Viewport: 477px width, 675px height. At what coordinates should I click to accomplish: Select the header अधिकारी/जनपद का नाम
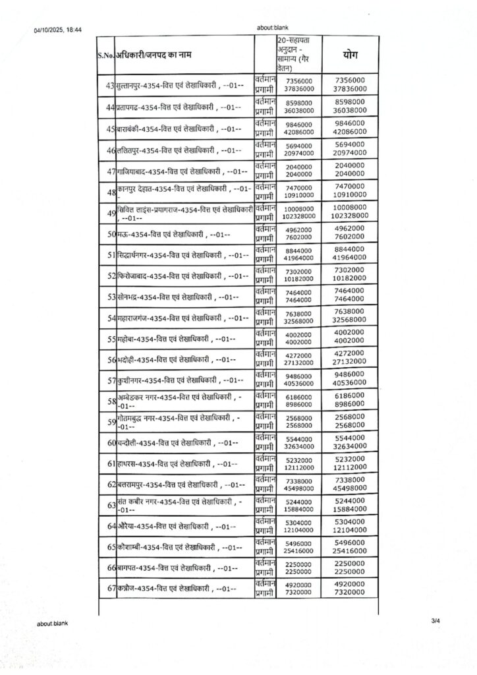click(x=155, y=56)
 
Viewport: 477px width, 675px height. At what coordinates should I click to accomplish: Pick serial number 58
click(x=111, y=401)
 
